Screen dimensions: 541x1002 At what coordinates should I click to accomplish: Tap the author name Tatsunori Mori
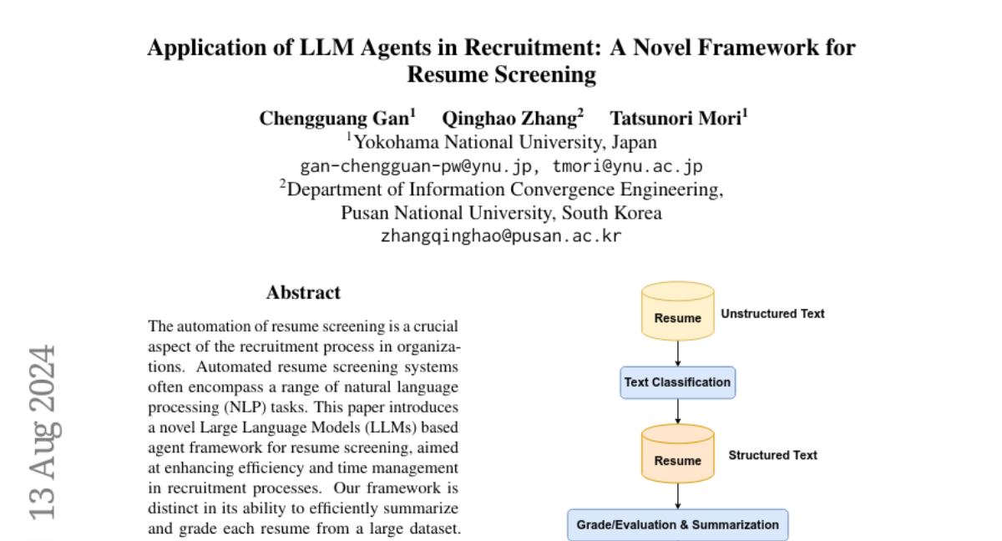pos(678,118)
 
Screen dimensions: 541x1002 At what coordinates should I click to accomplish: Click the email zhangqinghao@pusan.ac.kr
pos(501,236)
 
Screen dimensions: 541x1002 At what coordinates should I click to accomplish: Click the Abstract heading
pos(303,293)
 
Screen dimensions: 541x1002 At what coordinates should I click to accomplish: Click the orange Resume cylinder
pos(677,456)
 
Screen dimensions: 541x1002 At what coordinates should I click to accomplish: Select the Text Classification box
pos(677,382)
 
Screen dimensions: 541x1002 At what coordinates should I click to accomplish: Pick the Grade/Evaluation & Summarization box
pos(677,525)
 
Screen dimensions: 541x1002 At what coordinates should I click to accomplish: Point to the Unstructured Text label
pos(772,314)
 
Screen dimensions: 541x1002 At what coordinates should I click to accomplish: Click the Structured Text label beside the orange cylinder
pos(772,456)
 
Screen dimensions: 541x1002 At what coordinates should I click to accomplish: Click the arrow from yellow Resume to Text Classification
pos(677,355)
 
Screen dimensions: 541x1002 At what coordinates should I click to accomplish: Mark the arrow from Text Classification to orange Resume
pos(677,411)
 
